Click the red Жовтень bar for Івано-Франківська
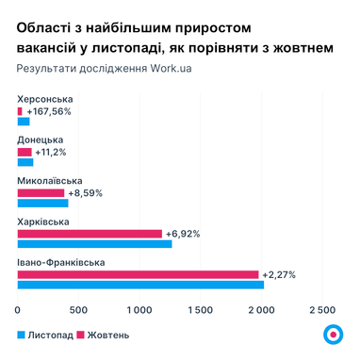click(x=138, y=274)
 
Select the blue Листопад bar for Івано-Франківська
click(x=140, y=285)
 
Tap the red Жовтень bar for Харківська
click(x=90, y=234)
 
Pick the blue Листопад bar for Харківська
click(x=94, y=244)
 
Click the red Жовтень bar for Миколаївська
click(x=41, y=192)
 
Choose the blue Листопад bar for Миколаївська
click(x=42, y=203)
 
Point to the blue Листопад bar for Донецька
click(x=25, y=162)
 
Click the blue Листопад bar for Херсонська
click(x=24, y=121)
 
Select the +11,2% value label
click(x=50, y=152)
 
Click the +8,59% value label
click(x=85, y=192)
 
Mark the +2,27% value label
click(x=279, y=274)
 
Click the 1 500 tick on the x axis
click(x=200, y=308)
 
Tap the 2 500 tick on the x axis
click(x=321, y=308)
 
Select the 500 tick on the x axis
click(x=78, y=308)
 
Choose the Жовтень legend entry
click(x=103, y=335)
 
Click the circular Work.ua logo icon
click(x=331, y=334)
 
